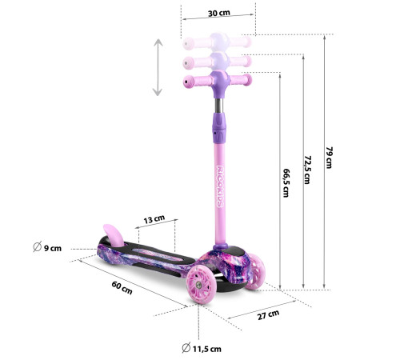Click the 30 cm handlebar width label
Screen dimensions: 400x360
coord(218,13)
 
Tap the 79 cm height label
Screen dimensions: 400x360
coord(330,158)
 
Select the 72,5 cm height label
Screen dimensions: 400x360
coord(307,170)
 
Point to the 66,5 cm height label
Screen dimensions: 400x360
coord(286,183)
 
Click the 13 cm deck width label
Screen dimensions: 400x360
coord(154,219)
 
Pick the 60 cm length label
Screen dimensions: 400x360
coord(122,288)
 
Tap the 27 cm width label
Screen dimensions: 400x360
coord(268,315)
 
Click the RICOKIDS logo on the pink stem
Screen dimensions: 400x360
coord(220,186)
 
